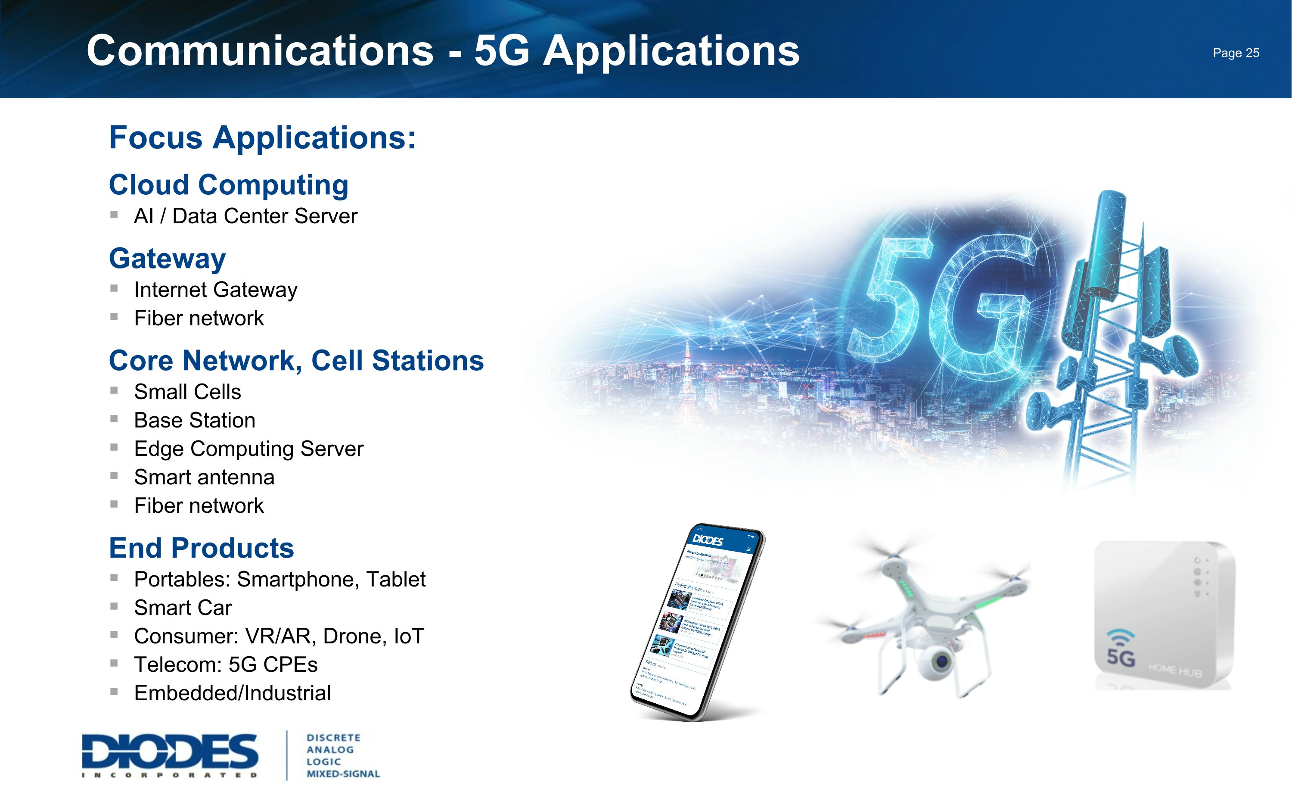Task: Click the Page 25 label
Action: pos(1236,53)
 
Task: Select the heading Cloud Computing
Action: pos(229,185)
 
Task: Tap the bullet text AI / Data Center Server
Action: pos(245,216)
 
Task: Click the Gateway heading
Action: pos(167,259)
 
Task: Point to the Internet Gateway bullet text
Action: pos(215,290)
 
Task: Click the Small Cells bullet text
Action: pos(187,392)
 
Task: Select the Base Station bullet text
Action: pos(194,421)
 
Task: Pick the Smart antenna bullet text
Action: pos(204,477)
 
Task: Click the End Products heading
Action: pos(201,548)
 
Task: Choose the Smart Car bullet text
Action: pos(183,608)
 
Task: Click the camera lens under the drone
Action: pos(941,661)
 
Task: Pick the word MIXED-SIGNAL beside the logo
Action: pos(343,774)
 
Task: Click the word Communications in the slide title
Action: pos(260,51)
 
